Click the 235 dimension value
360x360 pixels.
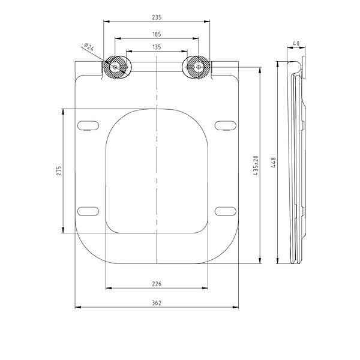pyautogui.click(x=157, y=17)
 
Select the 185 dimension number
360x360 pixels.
pyautogui.click(x=157, y=34)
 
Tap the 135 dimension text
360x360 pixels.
pyautogui.click(x=157, y=47)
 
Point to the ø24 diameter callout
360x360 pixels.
pyautogui.click(x=89, y=47)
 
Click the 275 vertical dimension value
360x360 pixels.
pyautogui.click(x=59, y=171)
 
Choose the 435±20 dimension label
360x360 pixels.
pyautogui.click(x=256, y=166)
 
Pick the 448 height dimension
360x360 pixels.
pyautogui.click(x=274, y=163)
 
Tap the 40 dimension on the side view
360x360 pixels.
pyautogui.click(x=296, y=43)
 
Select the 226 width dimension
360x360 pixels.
pyautogui.click(x=157, y=284)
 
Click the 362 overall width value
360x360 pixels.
pyautogui.click(x=157, y=303)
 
